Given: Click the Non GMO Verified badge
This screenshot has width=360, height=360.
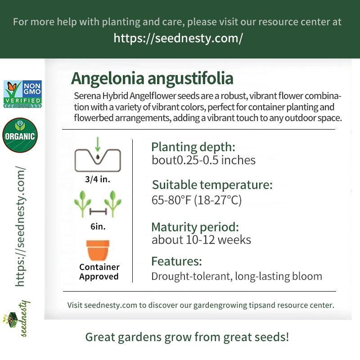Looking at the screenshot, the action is [x=22, y=94].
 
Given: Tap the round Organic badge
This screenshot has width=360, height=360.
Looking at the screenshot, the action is [x=20, y=135].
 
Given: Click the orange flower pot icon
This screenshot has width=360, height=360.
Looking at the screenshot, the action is [x=98, y=250].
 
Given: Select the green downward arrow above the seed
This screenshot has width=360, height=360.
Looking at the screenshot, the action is [x=98, y=144].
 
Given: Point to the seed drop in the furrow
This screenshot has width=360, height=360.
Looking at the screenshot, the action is [x=98, y=157].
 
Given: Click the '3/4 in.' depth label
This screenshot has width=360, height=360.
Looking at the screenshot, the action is [x=98, y=179].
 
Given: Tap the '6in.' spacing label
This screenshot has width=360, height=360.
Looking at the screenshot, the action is [x=98, y=227].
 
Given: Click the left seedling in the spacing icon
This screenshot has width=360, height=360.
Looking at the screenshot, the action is [x=82, y=203].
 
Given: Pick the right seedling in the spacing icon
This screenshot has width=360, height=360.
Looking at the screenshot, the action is [x=113, y=203].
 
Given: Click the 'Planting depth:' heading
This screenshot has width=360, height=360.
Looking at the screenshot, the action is [x=193, y=148].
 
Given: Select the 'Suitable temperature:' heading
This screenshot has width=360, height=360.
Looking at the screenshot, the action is [x=212, y=185].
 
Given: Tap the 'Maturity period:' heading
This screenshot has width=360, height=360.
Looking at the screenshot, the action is [x=195, y=227].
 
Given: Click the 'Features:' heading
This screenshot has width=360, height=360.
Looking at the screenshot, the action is [x=176, y=261].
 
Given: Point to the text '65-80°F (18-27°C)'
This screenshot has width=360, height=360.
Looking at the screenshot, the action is [x=197, y=200].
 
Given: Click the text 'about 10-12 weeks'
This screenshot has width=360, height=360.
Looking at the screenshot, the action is [x=201, y=240].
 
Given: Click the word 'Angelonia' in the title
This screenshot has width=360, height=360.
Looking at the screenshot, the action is [x=108, y=79].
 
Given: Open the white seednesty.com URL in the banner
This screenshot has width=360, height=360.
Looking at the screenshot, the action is [x=178, y=38].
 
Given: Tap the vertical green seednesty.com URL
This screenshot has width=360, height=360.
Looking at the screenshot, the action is [x=20, y=226].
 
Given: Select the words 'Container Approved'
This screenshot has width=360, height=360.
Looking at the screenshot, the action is [x=99, y=272].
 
